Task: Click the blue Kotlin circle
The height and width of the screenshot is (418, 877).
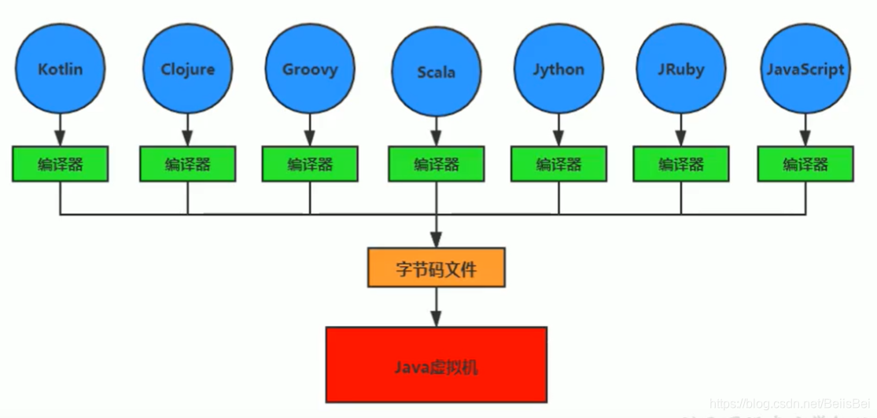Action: [x=60, y=68]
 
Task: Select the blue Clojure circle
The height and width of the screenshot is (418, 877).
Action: [x=187, y=68]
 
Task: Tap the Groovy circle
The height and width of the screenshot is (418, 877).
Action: [x=310, y=68]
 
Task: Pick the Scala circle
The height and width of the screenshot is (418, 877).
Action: [x=437, y=72]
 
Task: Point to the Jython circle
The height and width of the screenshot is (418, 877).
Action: [x=558, y=68]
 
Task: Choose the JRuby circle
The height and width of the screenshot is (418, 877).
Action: [x=681, y=68]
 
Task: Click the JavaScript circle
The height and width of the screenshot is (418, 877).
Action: [x=805, y=68]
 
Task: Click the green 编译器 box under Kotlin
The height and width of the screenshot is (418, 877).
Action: [x=60, y=164]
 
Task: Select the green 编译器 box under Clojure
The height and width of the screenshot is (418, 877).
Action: [x=187, y=164]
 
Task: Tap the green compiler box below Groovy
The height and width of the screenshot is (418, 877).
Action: [x=310, y=164]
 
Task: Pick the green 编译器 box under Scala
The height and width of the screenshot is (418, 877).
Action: [x=437, y=164]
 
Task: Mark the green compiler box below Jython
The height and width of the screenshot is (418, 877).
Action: [x=558, y=164]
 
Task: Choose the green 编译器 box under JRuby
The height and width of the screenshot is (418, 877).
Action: [x=681, y=164]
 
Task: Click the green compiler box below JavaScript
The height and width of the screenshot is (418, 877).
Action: [x=805, y=164]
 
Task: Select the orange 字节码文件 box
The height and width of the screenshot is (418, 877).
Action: [x=436, y=268]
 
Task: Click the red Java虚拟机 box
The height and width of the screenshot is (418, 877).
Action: [x=436, y=364]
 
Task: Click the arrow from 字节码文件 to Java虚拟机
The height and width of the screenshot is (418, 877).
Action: [x=436, y=307]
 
